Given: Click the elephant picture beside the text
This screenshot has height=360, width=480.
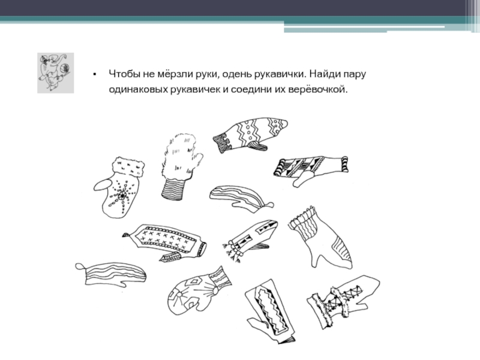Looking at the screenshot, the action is [x=55, y=73].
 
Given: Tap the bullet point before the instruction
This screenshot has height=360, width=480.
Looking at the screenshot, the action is [x=95, y=74].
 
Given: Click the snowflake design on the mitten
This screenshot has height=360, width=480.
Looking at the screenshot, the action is [x=122, y=194].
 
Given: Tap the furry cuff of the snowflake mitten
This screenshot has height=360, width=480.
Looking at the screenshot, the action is [x=129, y=167].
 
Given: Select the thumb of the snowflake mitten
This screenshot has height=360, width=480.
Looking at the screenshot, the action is [x=103, y=185].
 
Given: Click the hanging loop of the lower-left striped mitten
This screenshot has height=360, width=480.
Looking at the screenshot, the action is [x=80, y=267].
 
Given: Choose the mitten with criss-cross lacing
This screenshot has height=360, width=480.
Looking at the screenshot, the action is [x=343, y=301].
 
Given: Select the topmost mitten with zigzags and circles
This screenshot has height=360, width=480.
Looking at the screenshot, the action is [x=250, y=134].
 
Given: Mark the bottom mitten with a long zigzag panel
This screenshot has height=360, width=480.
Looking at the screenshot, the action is [x=271, y=311].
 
